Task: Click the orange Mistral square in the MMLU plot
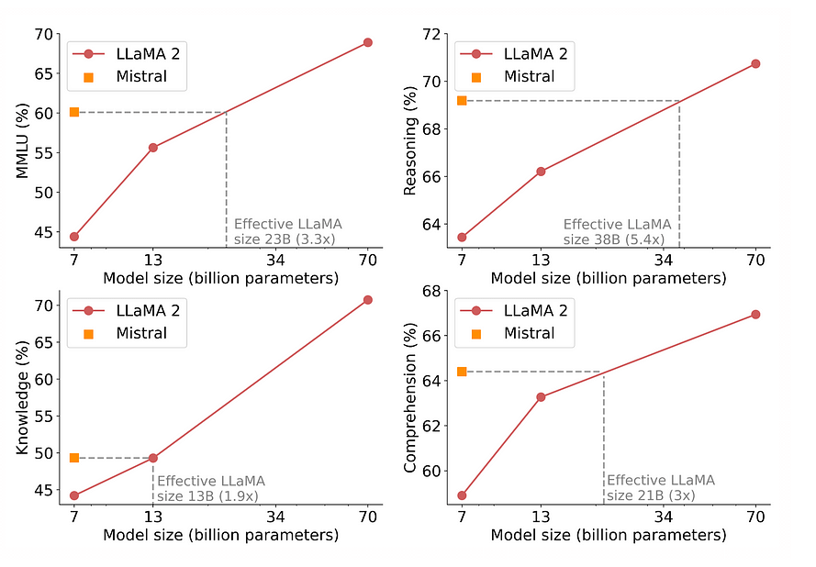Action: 74,112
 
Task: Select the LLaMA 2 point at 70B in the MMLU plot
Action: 368,42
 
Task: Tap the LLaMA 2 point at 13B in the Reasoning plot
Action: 542,172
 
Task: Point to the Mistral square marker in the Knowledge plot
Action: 74,457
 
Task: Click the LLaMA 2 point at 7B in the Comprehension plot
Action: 462,495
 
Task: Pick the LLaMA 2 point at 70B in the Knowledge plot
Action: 368,300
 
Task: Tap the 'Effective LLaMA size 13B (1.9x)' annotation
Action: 210,488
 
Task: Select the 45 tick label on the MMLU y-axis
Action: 43,233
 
